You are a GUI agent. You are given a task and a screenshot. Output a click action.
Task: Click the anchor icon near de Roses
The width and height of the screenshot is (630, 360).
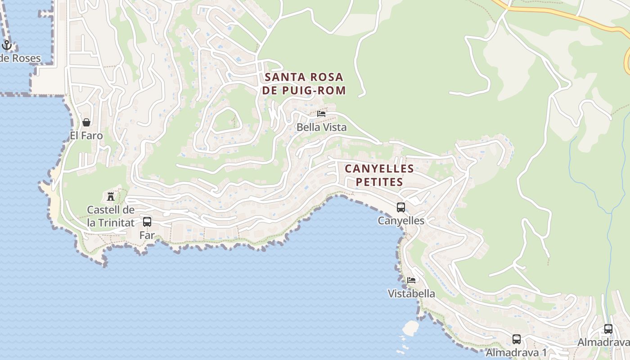click(7, 45)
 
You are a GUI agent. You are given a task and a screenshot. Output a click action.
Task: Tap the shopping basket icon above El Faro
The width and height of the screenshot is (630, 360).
click(86, 122)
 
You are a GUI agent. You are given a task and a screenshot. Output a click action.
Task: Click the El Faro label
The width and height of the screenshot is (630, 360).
click(86, 135)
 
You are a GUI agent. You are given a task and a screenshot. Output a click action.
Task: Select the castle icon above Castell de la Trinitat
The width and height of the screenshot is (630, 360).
click(110, 196)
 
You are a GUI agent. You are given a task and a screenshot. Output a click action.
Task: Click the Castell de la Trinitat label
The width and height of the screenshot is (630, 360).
click(110, 216)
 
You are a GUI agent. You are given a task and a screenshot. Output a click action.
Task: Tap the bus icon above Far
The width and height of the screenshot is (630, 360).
click(147, 221)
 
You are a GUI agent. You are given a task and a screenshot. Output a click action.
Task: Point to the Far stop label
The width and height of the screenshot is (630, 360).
click(147, 235)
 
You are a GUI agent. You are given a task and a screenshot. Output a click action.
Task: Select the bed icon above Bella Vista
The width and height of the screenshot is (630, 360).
click(321, 114)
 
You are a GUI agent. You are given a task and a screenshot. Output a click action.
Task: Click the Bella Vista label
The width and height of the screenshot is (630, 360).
click(321, 127)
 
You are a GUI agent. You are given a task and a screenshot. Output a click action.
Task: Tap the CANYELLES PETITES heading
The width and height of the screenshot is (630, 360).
click(379, 175)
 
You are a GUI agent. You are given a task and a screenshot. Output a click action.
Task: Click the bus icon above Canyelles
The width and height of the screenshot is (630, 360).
click(400, 207)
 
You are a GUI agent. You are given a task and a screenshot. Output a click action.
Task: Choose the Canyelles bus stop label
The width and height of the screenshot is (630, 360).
click(400, 221)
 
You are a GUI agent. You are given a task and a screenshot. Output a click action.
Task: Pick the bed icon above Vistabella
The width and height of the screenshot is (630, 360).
click(411, 280)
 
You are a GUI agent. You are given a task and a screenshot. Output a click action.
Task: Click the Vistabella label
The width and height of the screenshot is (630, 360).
click(411, 294)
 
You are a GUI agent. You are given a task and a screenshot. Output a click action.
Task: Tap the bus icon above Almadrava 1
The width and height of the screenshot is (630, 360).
click(517, 339)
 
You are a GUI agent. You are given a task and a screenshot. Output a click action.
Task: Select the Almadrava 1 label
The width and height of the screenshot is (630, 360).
click(517, 352)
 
